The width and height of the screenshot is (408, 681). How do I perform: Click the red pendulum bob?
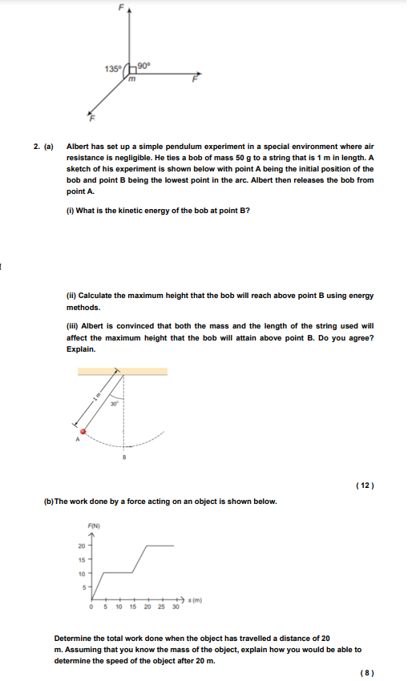pos(82,431)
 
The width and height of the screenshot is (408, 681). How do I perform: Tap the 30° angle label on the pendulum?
pos(115,404)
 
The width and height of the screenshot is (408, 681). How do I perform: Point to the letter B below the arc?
pos(124,457)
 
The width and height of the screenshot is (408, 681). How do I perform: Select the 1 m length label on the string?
pos(95,399)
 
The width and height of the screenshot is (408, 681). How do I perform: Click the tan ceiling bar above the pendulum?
pos(123,371)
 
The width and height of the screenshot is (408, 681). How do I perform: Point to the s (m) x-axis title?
pos(194,598)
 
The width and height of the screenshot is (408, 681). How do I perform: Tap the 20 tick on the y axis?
pos(82,546)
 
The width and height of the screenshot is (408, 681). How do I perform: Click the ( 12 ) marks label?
pos(364,486)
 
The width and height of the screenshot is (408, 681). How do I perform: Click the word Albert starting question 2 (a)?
pos(78,147)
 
